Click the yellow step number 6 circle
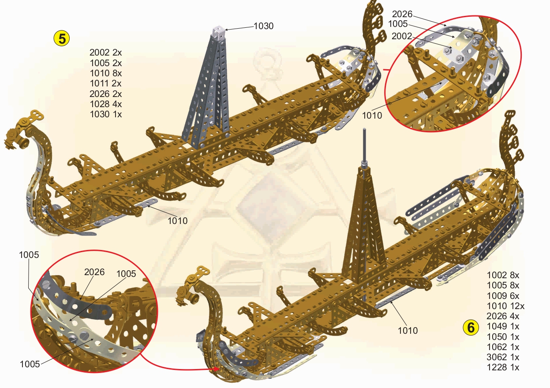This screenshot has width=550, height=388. pyautogui.click(x=471, y=327)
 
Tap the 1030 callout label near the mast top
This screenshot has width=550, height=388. pyautogui.click(x=263, y=26)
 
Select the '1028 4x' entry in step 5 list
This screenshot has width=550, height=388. pyautogui.click(x=105, y=104)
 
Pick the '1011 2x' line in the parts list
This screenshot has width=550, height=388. pyautogui.click(x=105, y=83)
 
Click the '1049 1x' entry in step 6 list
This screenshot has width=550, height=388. pyautogui.click(x=503, y=326)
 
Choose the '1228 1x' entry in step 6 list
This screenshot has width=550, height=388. pyautogui.click(x=503, y=367)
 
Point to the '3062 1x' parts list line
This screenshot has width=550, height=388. pyautogui.click(x=503, y=357)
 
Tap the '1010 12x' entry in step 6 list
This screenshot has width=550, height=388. pyautogui.click(x=505, y=306)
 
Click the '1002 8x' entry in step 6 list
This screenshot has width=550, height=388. pyautogui.click(x=503, y=275)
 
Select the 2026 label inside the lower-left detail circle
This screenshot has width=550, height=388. pyautogui.click(x=94, y=272)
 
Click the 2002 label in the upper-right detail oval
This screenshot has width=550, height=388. pyautogui.click(x=401, y=36)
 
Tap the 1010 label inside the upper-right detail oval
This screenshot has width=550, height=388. pyautogui.click(x=373, y=116)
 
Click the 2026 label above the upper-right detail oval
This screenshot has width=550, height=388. pyautogui.click(x=402, y=14)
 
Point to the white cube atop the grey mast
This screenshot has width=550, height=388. pyautogui.click(x=219, y=30)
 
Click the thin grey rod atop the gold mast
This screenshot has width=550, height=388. pyautogui.click(x=364, y=145)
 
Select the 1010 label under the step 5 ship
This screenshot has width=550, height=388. pyautogui.click(x=177, y=221)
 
